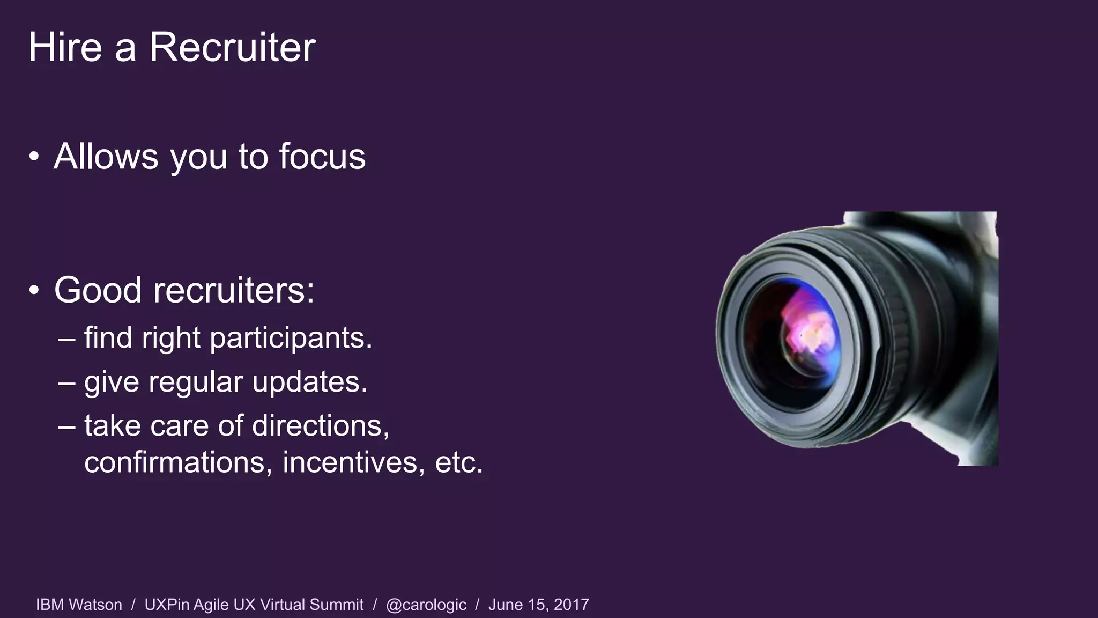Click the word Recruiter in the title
(x=232, y=47)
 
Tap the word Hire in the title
(x=65, y=47)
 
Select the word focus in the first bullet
(x=322, y=157)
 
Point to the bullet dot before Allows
(x=34, y=157)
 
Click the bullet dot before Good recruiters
(x=34, y=290)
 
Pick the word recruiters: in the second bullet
(x=234, y=290)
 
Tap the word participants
(x=291, y=339)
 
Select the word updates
(x=309, y=382)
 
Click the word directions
(x=320, y=426)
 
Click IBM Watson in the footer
(x=79, y=605)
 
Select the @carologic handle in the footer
(x=426, y=605)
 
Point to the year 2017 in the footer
(x=572, y=605)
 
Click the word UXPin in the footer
(x=167, y=605)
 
